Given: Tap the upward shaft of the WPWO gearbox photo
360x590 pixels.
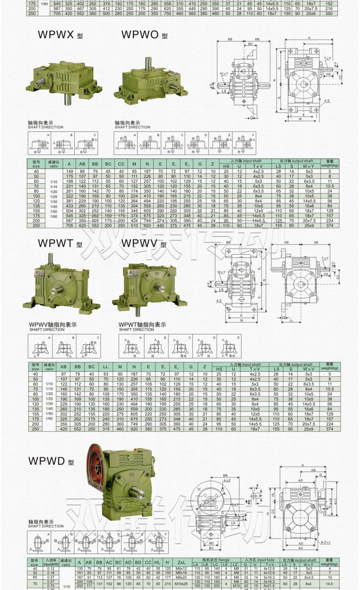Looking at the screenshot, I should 149,63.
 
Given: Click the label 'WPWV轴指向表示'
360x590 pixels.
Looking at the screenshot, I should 52,324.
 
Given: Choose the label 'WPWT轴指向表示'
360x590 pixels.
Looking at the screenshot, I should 142,324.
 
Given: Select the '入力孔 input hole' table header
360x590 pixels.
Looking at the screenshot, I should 258,559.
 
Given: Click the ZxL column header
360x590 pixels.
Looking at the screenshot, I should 181,562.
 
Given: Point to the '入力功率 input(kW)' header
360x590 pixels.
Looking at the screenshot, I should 50,562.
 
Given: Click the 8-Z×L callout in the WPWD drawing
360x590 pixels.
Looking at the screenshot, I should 326,542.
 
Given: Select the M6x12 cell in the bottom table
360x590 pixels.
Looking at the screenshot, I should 181,569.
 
